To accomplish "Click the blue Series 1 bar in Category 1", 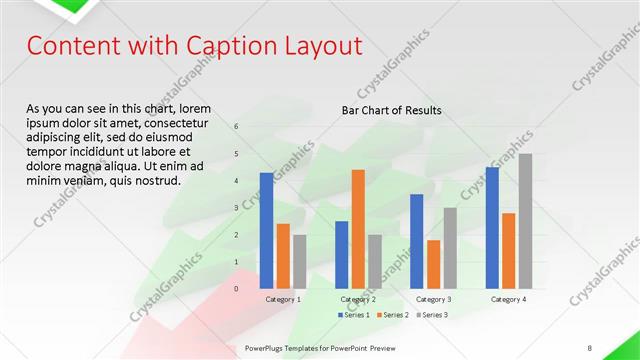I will tap(266, 231).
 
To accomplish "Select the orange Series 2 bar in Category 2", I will tap(358, 229).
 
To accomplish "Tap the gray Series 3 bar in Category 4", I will tap(525, 221).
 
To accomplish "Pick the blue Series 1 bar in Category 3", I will tap(416, 241).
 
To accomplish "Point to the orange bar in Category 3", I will tap(433, 264).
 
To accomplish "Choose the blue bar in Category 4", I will tap(491, 228).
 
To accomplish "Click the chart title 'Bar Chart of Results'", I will tap(391, 110).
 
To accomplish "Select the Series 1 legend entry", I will tap(353, 315).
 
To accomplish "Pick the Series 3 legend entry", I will tap(432, 315).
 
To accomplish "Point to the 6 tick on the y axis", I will tap(237, 127).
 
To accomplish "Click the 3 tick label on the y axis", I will tap(237, 208).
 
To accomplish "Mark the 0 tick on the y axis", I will tap(237, 289).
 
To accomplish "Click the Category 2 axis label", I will tap(358, 299).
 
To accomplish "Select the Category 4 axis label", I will tap(508, 299).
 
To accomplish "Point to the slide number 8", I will tap(590, 347).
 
